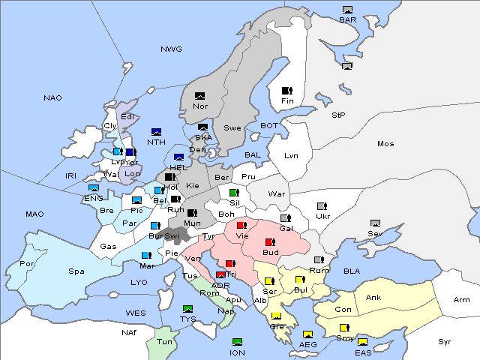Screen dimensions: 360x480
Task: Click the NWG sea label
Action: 171,49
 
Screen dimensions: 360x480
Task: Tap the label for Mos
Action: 385,143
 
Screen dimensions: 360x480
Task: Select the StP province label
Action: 339,115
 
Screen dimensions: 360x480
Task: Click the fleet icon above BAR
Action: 347,10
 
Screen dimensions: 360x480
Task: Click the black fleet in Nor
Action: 199,96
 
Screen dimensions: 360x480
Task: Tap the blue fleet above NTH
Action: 157,132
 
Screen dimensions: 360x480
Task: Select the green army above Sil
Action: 234,193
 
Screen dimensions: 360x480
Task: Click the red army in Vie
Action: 241,225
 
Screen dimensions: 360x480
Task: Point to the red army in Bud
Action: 270,242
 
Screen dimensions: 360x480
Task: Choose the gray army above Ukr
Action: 322,206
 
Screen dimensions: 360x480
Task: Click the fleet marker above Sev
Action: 375,223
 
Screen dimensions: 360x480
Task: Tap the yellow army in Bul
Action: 300,280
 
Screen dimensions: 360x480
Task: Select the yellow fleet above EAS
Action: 362,343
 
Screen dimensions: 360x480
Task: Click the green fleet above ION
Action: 237,343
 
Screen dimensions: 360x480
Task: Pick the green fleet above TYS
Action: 187,309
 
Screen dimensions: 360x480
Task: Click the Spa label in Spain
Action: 76,271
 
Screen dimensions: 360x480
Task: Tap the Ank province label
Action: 373,298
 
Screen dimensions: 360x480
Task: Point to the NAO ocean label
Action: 52,98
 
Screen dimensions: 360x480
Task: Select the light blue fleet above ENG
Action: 94,188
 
